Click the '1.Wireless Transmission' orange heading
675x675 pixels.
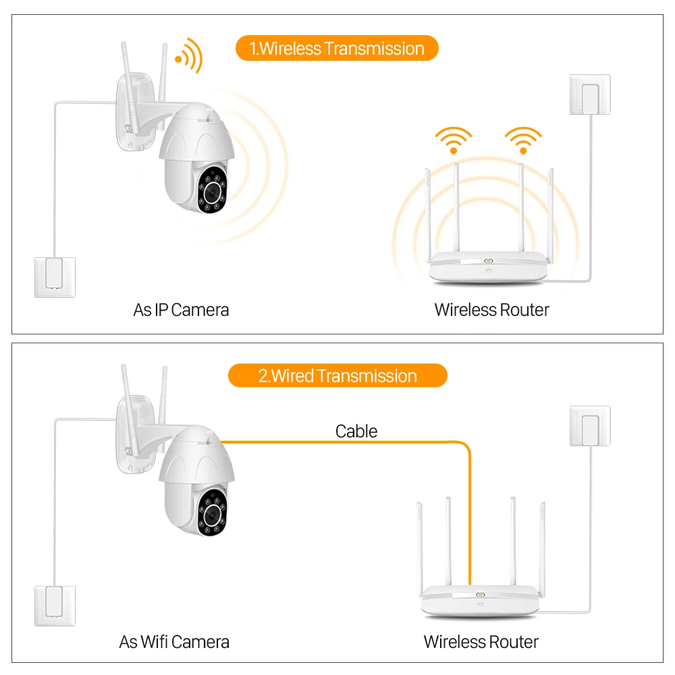click(337, 49)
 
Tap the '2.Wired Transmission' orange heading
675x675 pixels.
click(337, 376)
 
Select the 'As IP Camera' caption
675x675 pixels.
click(181, 310)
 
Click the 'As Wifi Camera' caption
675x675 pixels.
click(174, 641)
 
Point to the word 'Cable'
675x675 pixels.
click(356, 431)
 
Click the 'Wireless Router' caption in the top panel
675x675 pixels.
click(492, 310)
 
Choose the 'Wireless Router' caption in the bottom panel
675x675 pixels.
click(481, 641)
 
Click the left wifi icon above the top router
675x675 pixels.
click(452, 139)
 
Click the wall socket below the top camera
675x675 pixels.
click(55, 277)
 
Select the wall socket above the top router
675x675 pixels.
click(590, 95)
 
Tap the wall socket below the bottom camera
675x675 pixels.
click(55, 606)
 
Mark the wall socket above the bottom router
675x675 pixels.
click(590, 426)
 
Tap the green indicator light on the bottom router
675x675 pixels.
click(481, 595)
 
